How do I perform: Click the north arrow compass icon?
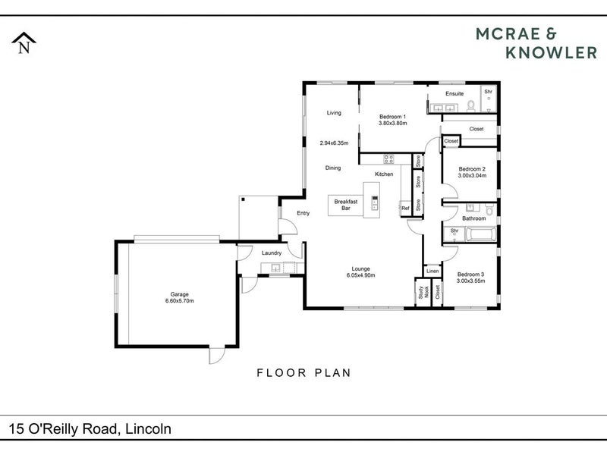tap(24, 43)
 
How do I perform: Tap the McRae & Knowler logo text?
tap(530, 42)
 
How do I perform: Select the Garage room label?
tap(180, 294)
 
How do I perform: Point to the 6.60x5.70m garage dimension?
tap(180, 301)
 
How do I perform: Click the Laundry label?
tap(271, 253)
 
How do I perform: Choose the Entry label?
tap(303, 213)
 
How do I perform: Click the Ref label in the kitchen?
tap(405, 209)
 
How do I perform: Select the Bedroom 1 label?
tap(393, 116)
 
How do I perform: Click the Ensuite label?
tap(454, 93)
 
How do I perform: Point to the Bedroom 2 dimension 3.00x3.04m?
tap(472, 176)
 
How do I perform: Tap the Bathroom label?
tap(474, 218)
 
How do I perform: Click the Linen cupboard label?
tap(432, 271)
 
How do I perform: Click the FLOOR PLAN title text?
tap(303, 372)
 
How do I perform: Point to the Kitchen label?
tap(384, 174)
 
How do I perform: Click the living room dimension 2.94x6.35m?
tap(334, 143)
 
